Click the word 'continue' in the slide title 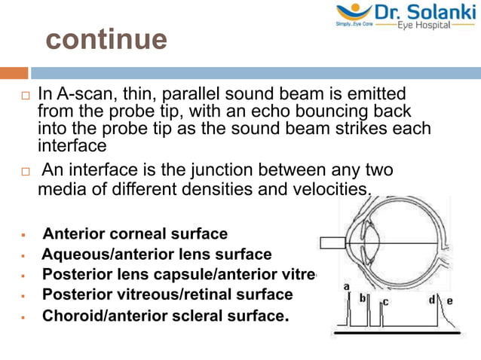106,39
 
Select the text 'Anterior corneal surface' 134,234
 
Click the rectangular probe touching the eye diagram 332,243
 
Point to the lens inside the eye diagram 368,242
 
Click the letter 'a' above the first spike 346,287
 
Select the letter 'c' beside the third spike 385,302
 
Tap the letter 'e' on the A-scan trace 450,301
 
